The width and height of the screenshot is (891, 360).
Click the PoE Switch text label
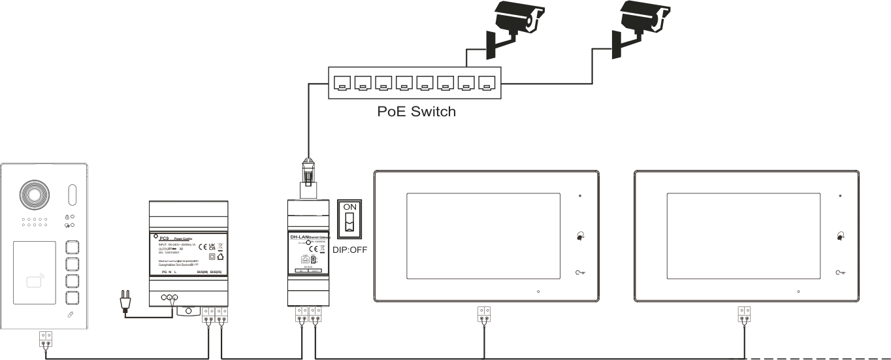[416, 111]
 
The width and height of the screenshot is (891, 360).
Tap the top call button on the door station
[73, 248]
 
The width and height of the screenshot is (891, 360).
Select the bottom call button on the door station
[73, 298]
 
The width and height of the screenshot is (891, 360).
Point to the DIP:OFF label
[350, 249]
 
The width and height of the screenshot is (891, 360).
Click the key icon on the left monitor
[579, 272]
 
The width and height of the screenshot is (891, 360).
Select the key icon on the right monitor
[840, 272]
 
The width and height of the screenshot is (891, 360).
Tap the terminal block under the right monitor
[743, 314]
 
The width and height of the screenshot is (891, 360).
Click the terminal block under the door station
[46, 339]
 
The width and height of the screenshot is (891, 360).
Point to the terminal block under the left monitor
[483, 314]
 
